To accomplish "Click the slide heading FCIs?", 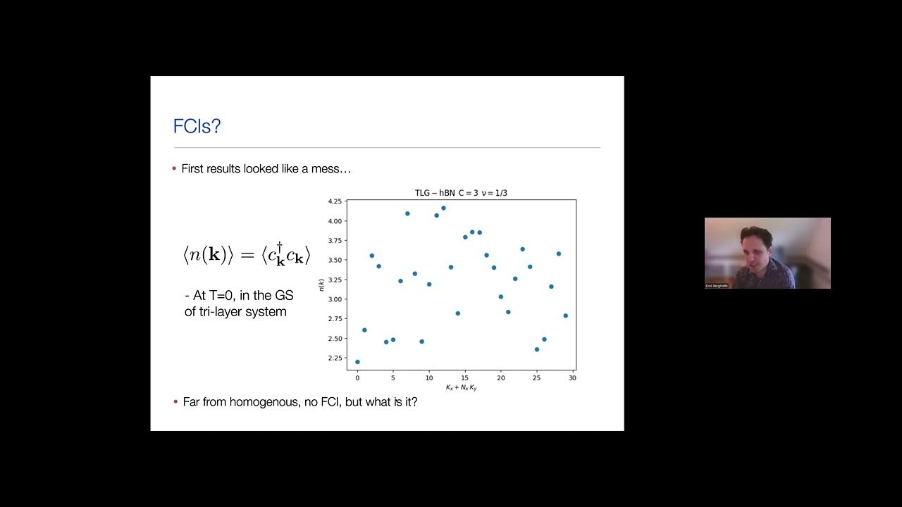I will pyautogui.click(x=197, y=127).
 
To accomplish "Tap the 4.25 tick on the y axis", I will pyautogui.click(x=334, y=201).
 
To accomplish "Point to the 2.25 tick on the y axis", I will pyautogui.click(x=334, y=358).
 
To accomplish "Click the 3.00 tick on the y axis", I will pyautogui.click(x=334, y=299).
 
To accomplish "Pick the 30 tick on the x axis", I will pyautogui.click(x=572, y=378).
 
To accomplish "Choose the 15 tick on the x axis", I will pyautogui.click(x=465, y=378).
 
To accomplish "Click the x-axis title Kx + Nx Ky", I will pyautogui.click(x=461, y=388).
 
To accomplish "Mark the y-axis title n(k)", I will pyautogui.click(x=321, y=284).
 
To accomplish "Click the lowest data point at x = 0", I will pyautogui.click(x=357, y=362).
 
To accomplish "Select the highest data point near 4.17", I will pyautogui.click(x=443, y=208).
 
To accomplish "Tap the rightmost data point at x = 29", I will pyautogui.click(x=565, y=315).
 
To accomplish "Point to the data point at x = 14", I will pyautogui.click(x=458, y=313).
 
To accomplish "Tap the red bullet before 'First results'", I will pyautogui.click(x=175, y=168).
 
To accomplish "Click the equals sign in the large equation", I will pyautogui.click(x=247, y=255).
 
